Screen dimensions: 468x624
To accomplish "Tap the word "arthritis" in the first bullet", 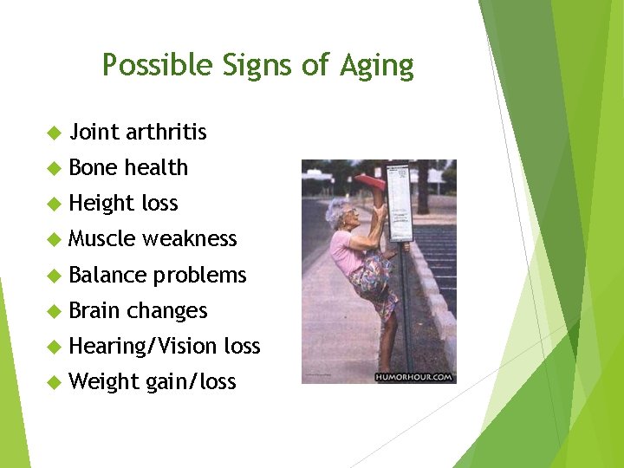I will [166, 132].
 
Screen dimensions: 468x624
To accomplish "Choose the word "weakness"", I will [189, 238].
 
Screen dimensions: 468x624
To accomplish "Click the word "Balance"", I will [107, 275].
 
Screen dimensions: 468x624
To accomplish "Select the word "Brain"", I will [94, 310].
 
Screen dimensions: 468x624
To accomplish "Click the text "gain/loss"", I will [191, 382].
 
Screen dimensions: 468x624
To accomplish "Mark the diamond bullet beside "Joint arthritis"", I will [52, 133].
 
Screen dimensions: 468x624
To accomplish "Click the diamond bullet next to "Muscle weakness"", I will [52, 239].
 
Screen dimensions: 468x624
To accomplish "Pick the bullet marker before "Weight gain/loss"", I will [52, 382].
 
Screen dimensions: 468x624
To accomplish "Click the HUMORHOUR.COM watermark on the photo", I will [414, 377].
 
